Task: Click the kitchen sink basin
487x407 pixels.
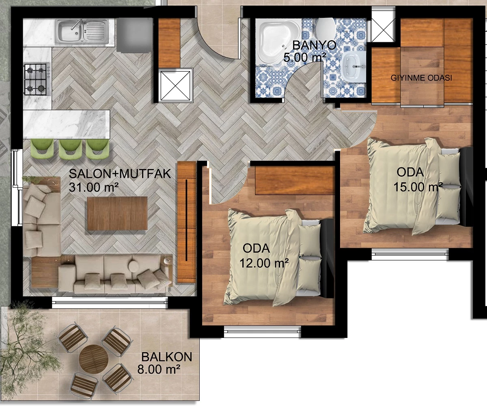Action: click(x=82, y=32)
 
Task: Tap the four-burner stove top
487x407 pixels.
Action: click(x=37, y=79)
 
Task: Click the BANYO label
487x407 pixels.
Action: click(x=314, y=45)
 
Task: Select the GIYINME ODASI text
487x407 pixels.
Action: click(x=421, y=78)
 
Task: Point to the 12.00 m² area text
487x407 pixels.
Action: click(x=264, y=263)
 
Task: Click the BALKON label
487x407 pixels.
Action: click(x=166, y=357)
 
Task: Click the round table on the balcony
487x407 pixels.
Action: click(x=93, y=359)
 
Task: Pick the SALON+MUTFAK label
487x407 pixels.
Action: click(x=120, y=174)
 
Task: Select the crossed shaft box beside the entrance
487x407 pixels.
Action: click(x=176, y=85)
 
